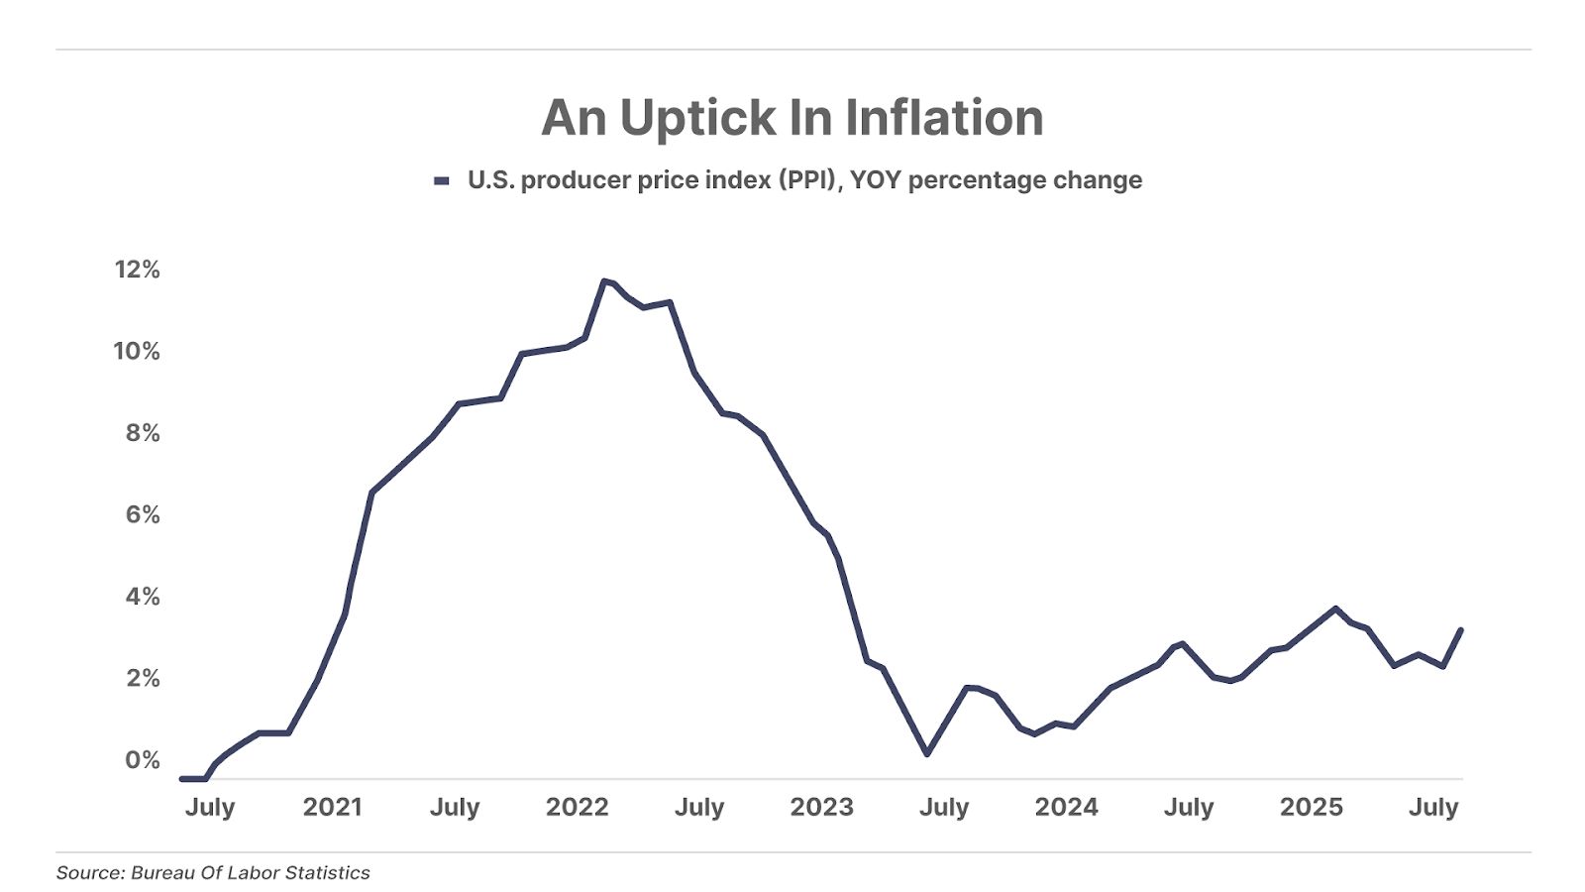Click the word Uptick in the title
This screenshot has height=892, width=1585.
point(698,119)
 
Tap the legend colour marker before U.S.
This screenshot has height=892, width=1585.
point(442,180)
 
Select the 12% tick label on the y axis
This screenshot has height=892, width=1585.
point(137,270)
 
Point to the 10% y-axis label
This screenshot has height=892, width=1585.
point(137,351)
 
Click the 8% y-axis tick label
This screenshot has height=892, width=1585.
point(143,433)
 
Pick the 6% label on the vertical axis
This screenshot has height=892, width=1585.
point(143,514)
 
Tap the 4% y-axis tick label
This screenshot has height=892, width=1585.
point(143,597)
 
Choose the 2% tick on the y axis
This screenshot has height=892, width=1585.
point(143,678)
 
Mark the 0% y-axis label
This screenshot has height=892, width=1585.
point(143,760)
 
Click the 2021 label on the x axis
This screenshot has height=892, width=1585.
point(333,807)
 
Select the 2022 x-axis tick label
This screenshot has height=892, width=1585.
point(578,807)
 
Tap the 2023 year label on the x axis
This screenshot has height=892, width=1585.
point(822,807)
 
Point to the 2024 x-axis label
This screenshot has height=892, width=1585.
point(1067,807)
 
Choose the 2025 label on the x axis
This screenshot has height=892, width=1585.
point(1312,807)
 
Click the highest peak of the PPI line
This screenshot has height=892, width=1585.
point(604,281)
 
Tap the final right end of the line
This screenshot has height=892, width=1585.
point(1461,629)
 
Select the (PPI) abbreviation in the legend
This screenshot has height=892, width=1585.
point(810,180)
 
